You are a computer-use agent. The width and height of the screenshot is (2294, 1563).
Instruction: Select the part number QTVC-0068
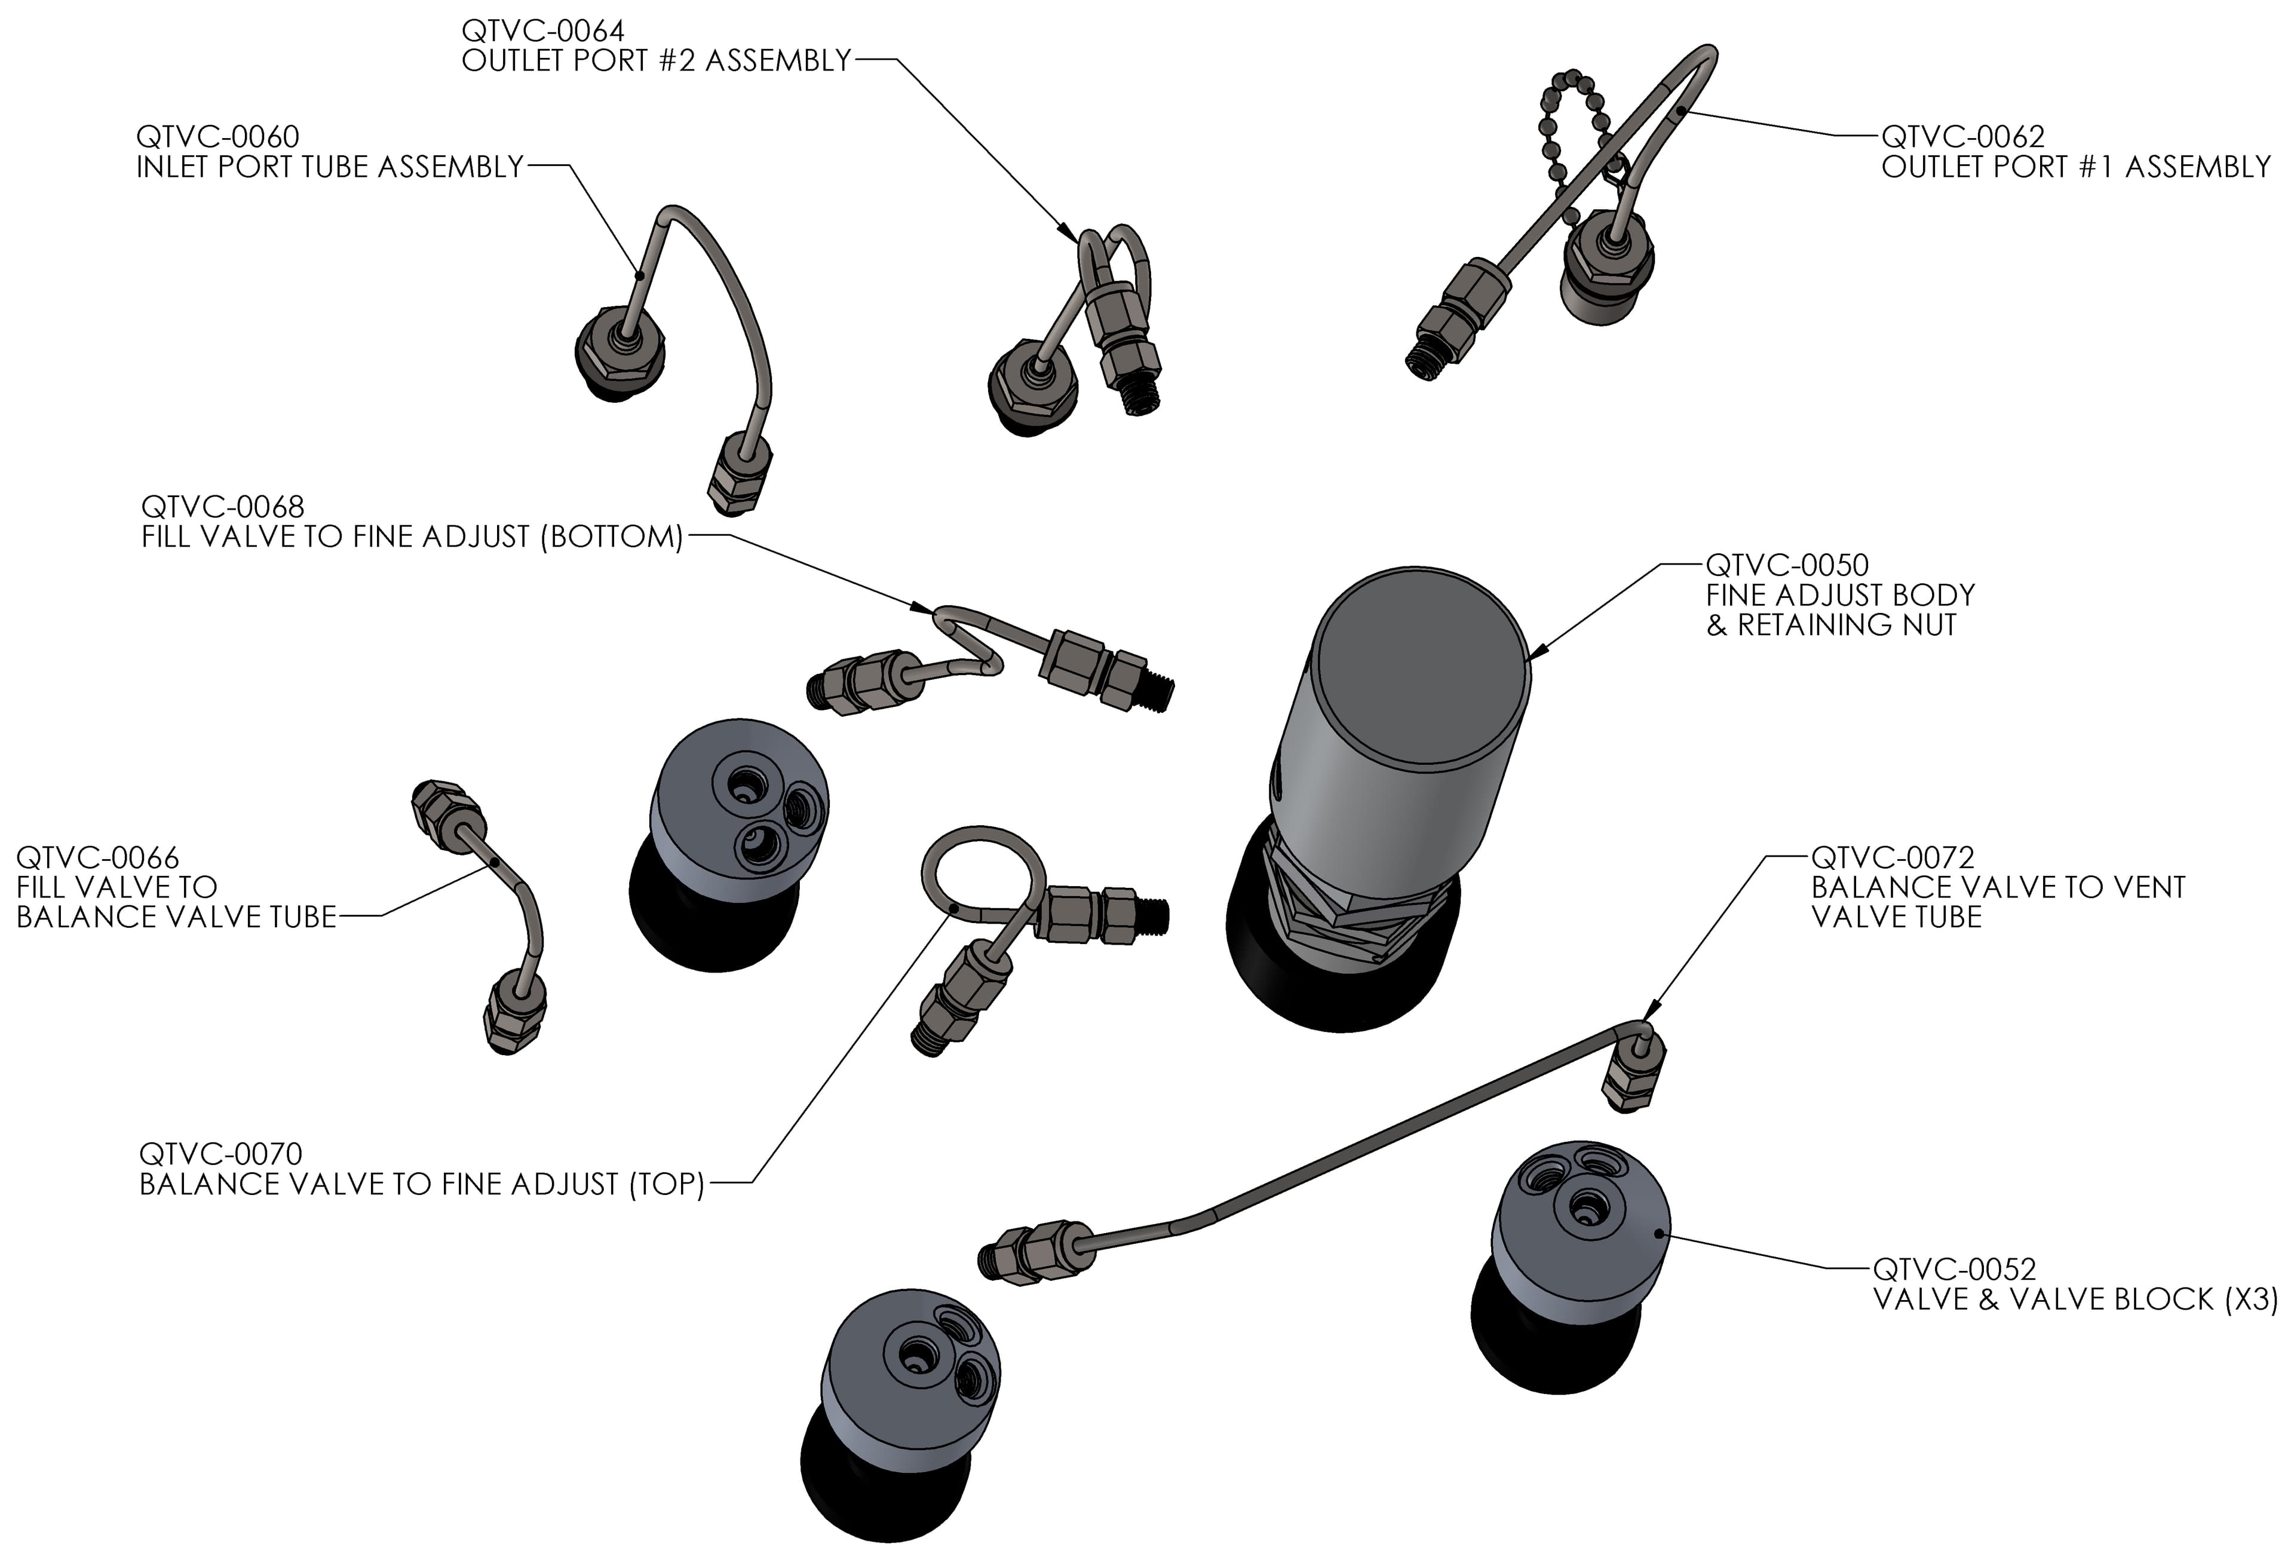[x=222, y=507]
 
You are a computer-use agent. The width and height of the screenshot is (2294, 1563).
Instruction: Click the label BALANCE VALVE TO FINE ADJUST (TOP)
[x=422, y=1184]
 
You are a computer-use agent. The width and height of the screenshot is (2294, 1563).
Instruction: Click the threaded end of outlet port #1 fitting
[x=1421, y=365]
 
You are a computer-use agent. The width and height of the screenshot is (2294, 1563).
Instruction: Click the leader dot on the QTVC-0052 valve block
[x=1665, y=1233]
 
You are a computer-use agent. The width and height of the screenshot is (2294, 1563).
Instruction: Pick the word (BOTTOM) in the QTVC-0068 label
[x=611, y=537]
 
